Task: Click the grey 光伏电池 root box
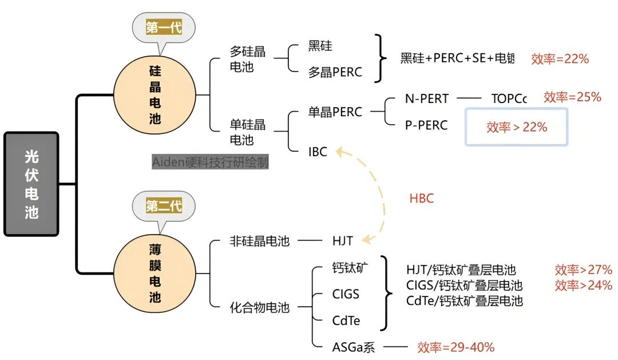[x=31, y=184]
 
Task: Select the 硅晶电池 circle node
[x=155, y=95]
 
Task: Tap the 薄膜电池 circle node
[x=155, y=274]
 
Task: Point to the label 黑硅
[x=320, y=46]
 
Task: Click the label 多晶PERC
[x=335, y=73]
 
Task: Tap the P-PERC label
[x=426, y=125]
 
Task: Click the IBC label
[x=318, y=152]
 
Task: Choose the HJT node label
[x=343, y=241]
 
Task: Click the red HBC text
[x=421, y=199]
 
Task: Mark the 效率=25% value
[x=572, y=97]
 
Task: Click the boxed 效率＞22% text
[x=517, y=127]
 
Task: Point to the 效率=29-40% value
[x=455, y=347]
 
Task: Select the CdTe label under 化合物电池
[x=346, y=321]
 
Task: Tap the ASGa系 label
[x=354, y=347]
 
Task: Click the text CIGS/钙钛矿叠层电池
[x=464, y=285]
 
